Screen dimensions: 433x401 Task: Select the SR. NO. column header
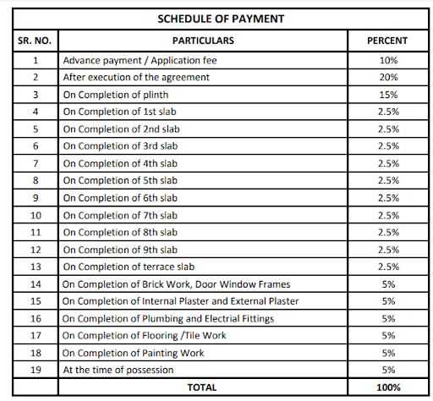pyautogui.click(x=36, y=41)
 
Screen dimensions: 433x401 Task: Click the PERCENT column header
pyautogui.click(x=387, y=41)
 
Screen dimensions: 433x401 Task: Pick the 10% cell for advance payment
pyautogui.click(x=387, y=61)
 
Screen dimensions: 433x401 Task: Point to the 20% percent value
pyautogui.click(x=387, y=78)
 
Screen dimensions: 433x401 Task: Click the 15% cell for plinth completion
pyautogui.click(x=387, y=94)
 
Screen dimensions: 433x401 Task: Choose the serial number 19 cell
pyautogui.click(x=36, y=370)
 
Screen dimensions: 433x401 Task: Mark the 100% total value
pyautogui.click(x=387, y=387)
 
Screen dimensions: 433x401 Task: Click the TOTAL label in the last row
pyautogui.click(x=202, y=387)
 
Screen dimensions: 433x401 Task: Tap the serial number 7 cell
pyautogui.click(x=36, y=163)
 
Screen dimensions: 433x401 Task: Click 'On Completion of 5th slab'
pyautogui.click(x=120, y=180)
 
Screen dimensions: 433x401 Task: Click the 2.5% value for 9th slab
pyautogui.click(x=387, y=250)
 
